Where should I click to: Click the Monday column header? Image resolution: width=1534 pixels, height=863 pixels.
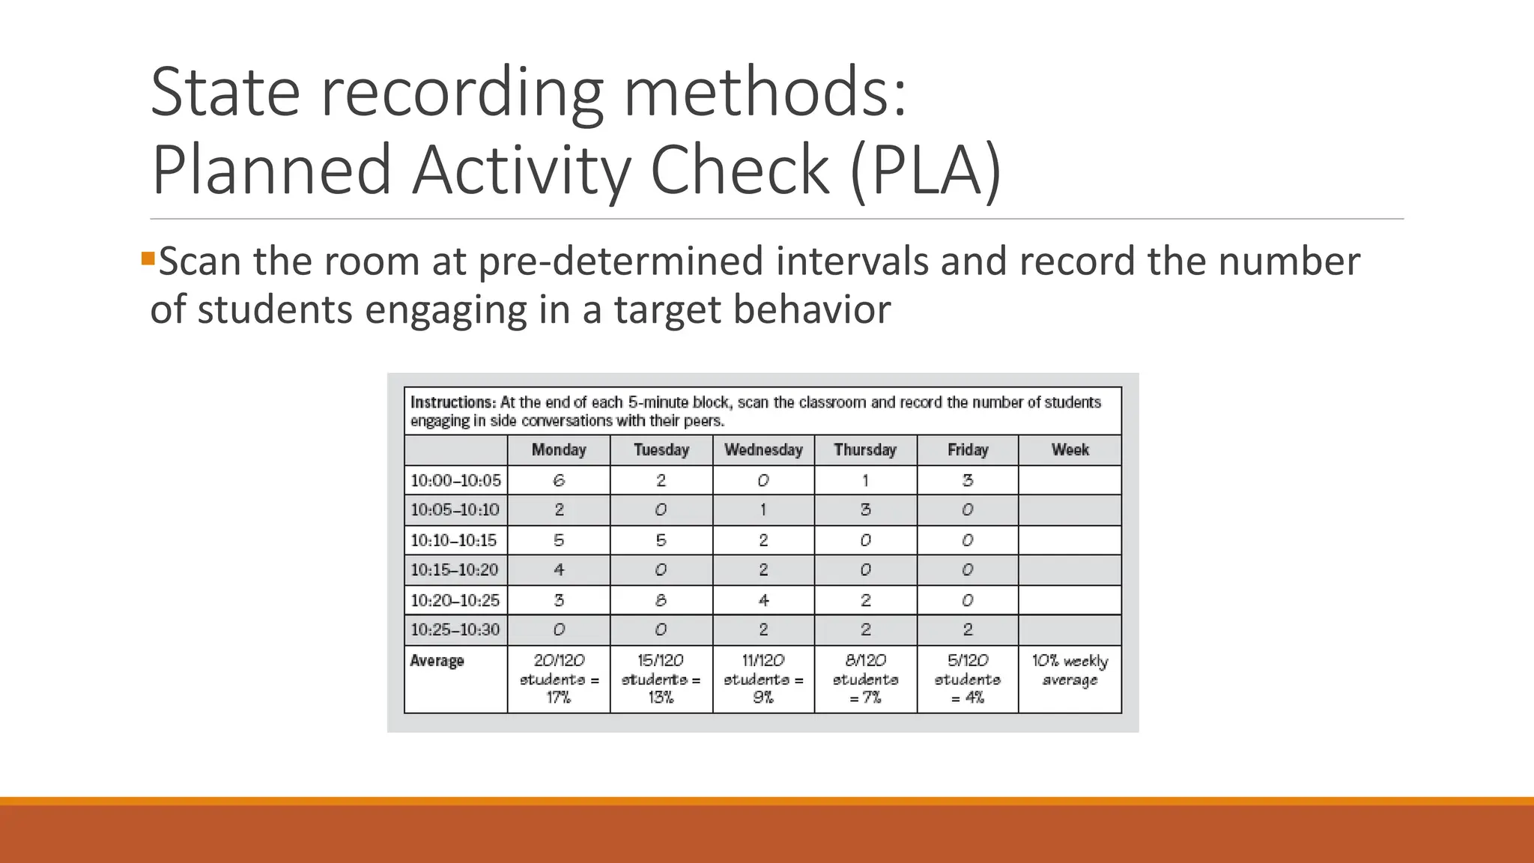559,450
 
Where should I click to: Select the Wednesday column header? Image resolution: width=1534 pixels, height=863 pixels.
763,450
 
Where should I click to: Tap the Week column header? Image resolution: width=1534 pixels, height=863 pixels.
1070,450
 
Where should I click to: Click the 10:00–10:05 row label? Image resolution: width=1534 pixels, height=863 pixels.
455,480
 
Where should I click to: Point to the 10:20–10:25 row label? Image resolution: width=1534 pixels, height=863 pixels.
455,600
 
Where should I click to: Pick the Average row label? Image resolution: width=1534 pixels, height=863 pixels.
437,661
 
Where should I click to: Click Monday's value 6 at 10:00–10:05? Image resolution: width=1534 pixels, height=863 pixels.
559,480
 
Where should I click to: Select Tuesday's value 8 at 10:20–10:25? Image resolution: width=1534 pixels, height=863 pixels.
661,600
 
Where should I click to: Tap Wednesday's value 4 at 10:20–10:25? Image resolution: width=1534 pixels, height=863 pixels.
763,600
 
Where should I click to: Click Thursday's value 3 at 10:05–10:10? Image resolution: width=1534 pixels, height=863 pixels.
865,510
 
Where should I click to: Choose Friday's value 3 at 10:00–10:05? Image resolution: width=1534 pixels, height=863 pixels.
968,480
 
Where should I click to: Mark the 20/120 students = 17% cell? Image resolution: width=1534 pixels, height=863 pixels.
559,679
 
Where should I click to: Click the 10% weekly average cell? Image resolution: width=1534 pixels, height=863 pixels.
1070,670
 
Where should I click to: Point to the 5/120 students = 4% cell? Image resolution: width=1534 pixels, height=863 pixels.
968,679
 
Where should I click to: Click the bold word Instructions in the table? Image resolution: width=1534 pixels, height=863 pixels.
452,402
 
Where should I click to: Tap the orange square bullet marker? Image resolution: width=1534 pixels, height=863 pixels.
148,259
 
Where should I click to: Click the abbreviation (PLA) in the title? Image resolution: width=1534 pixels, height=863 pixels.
926,170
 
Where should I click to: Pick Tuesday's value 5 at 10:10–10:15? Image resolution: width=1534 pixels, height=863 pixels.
661,540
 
